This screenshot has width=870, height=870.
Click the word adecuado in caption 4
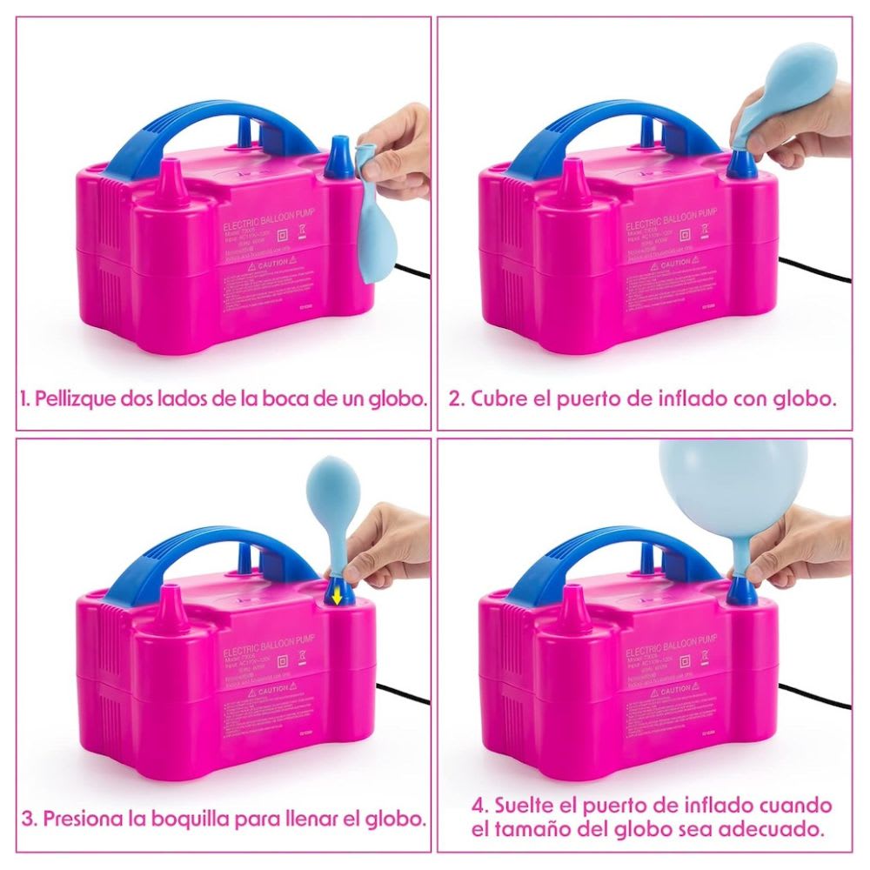[x=773, y=829]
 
